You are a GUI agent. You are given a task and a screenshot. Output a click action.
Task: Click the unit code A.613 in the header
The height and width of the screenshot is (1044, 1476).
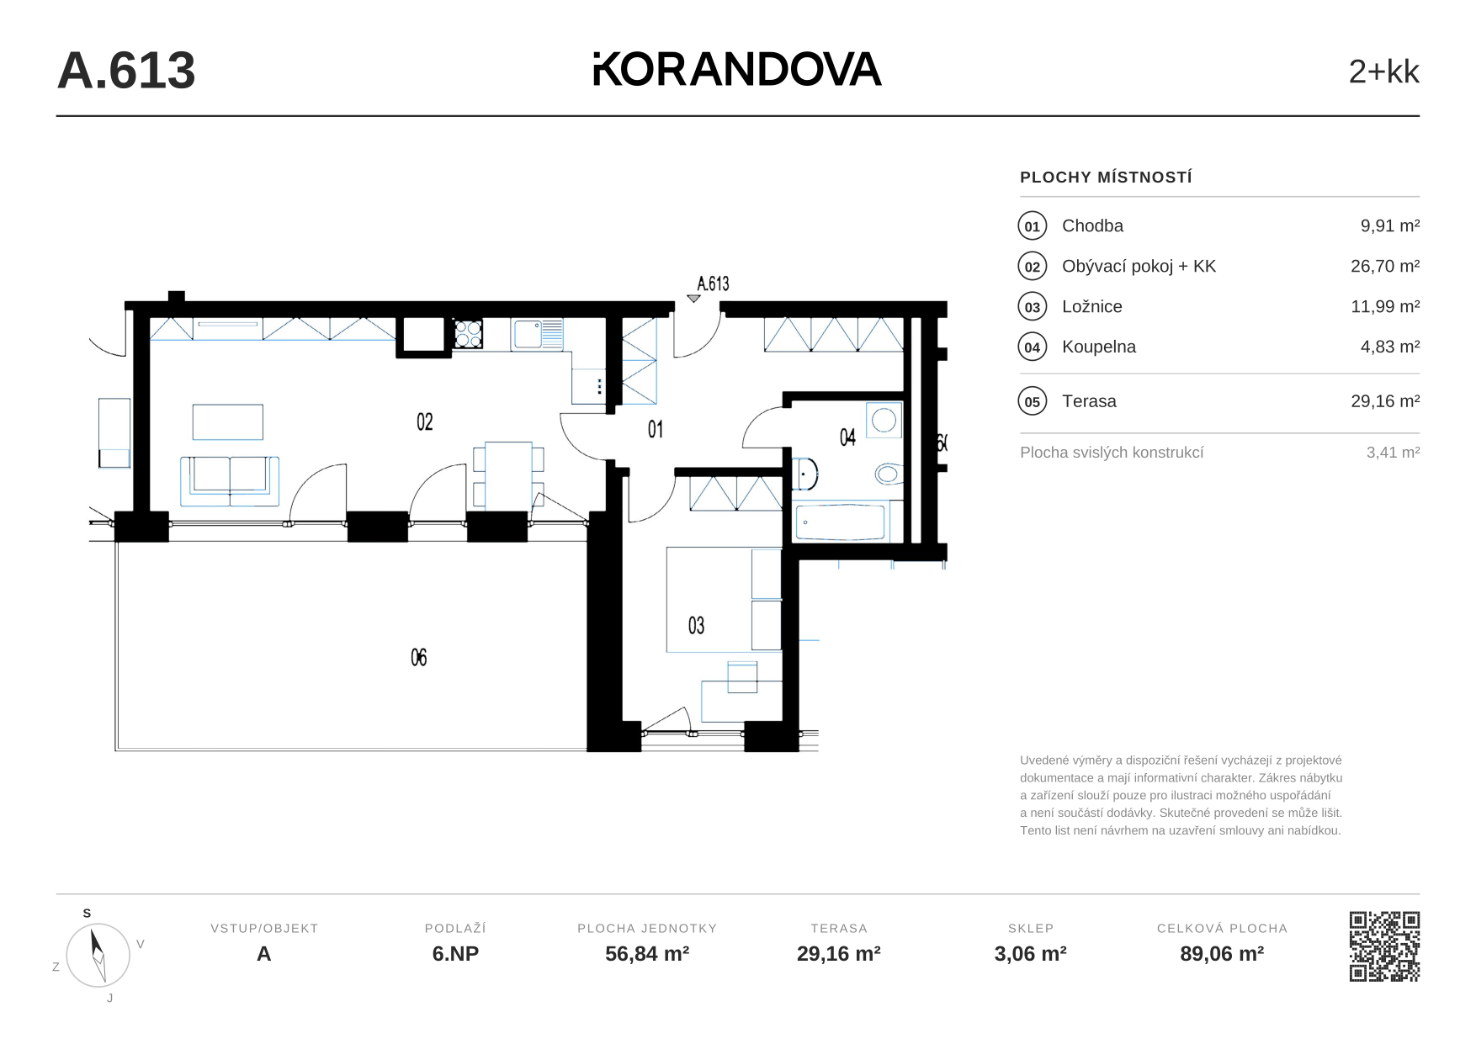coord(126,71)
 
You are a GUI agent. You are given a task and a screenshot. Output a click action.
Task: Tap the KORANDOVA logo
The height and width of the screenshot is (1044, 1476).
coord(737,69)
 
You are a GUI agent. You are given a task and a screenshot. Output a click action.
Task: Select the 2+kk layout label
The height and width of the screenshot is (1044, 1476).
coord(1383,72)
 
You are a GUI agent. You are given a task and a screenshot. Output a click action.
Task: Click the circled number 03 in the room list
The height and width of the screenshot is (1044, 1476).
coord(1033,307)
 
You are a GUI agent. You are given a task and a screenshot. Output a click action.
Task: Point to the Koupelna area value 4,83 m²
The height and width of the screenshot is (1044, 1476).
coord(1389,347)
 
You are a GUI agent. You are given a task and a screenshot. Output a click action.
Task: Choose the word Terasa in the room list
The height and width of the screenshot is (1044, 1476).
coord(1089,401)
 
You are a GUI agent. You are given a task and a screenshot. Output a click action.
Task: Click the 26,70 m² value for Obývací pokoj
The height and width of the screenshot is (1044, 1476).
coord(1385,266)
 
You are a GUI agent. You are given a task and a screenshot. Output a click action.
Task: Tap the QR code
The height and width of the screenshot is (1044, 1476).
coord(1384,946)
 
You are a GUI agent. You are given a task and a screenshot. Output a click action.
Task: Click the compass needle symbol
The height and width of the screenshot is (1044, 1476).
coord(98,955)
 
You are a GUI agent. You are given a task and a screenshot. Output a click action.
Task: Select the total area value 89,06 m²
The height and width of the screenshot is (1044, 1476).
coord(1222,954)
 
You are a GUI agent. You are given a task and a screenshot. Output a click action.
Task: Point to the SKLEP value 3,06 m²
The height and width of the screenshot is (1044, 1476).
coord(1030,954)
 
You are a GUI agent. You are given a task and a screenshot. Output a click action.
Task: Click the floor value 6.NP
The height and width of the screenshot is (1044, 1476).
coord(455,954)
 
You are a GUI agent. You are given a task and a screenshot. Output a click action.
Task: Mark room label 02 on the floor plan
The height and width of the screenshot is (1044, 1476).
coord(425,421)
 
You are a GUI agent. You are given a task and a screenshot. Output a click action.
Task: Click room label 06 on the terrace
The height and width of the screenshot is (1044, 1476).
coord(419,657)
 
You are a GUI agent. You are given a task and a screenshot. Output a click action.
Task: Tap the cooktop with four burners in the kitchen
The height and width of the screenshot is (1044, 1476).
coord(469,334)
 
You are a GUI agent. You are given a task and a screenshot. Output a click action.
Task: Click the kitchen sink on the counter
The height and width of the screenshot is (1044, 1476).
coord(536,334)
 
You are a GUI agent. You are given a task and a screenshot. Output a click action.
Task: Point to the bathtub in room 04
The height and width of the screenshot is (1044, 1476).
coord(840,522)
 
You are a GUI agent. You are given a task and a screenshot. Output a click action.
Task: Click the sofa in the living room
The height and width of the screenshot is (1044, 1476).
coord(230,480)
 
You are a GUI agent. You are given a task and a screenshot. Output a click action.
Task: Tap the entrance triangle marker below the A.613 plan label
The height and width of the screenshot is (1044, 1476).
coord(693,299)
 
